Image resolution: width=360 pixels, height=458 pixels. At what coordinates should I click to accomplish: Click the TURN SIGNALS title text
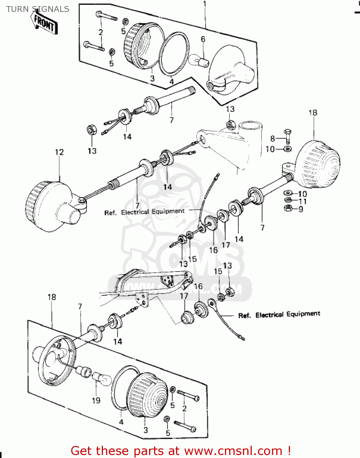(38, 9)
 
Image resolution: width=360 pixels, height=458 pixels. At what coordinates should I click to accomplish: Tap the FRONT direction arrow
(44, 23)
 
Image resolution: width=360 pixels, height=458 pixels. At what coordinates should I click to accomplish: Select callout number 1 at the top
(205, 4)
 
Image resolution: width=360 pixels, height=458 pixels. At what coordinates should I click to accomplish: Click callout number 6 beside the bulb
(203, 39)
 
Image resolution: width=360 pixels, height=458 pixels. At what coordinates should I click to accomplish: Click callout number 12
(59, 152)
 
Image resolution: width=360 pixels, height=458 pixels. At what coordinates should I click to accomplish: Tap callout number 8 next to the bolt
(273, 139)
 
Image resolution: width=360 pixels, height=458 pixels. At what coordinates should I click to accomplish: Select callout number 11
(303, 202)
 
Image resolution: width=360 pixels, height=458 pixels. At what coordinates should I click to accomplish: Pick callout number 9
(301, 209)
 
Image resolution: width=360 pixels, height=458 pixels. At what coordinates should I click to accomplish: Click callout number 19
(96, 400)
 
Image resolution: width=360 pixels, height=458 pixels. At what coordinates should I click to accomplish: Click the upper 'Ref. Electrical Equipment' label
(145, 212)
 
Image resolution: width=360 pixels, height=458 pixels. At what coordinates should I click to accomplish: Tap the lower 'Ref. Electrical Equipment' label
(279, 314)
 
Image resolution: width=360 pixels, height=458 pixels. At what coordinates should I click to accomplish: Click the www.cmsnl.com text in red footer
(233, 451)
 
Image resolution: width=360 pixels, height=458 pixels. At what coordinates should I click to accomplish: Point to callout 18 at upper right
(313, 113)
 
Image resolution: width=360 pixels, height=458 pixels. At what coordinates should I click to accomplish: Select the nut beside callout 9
(288, 209)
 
